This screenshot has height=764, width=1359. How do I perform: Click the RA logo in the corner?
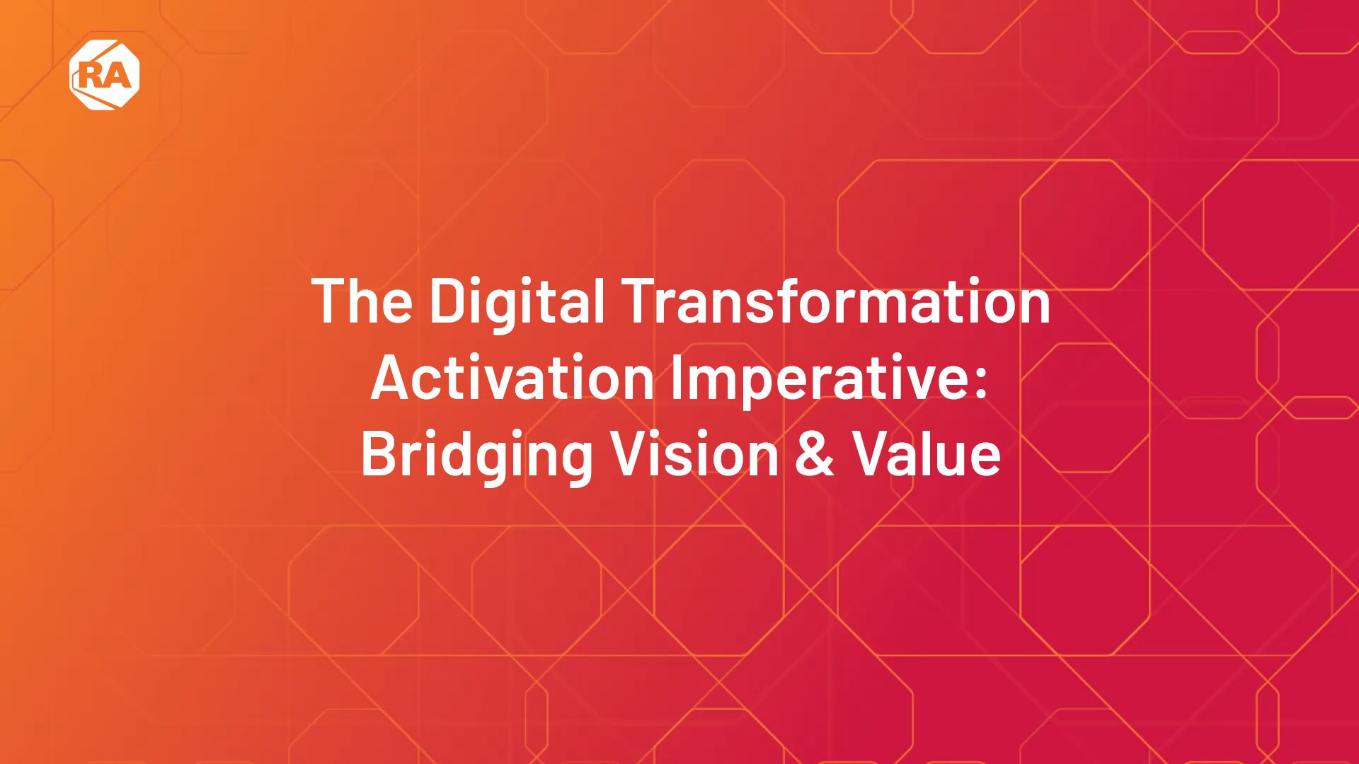point(105,75)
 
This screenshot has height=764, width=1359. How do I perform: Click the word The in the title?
point(362,301)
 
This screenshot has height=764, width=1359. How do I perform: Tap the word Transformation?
point(836,301)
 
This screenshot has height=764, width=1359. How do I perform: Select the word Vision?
point(695,454)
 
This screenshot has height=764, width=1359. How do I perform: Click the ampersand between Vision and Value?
point(815,454)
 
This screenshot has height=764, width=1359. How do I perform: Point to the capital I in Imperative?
point(675,378)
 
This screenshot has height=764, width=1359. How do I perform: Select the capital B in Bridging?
point(379,454)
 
